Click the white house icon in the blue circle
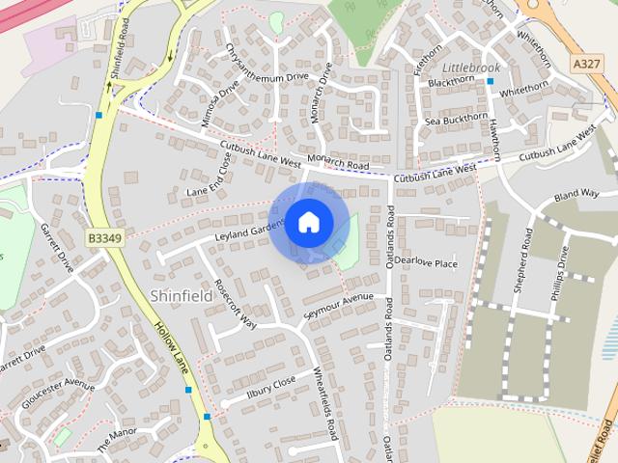tap(308, 222)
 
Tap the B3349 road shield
tap(103, 237)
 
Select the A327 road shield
tap(584, 63)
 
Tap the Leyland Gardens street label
tap(249, 229)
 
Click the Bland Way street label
tap(576, 196)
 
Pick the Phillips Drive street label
tap(561, 276)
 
